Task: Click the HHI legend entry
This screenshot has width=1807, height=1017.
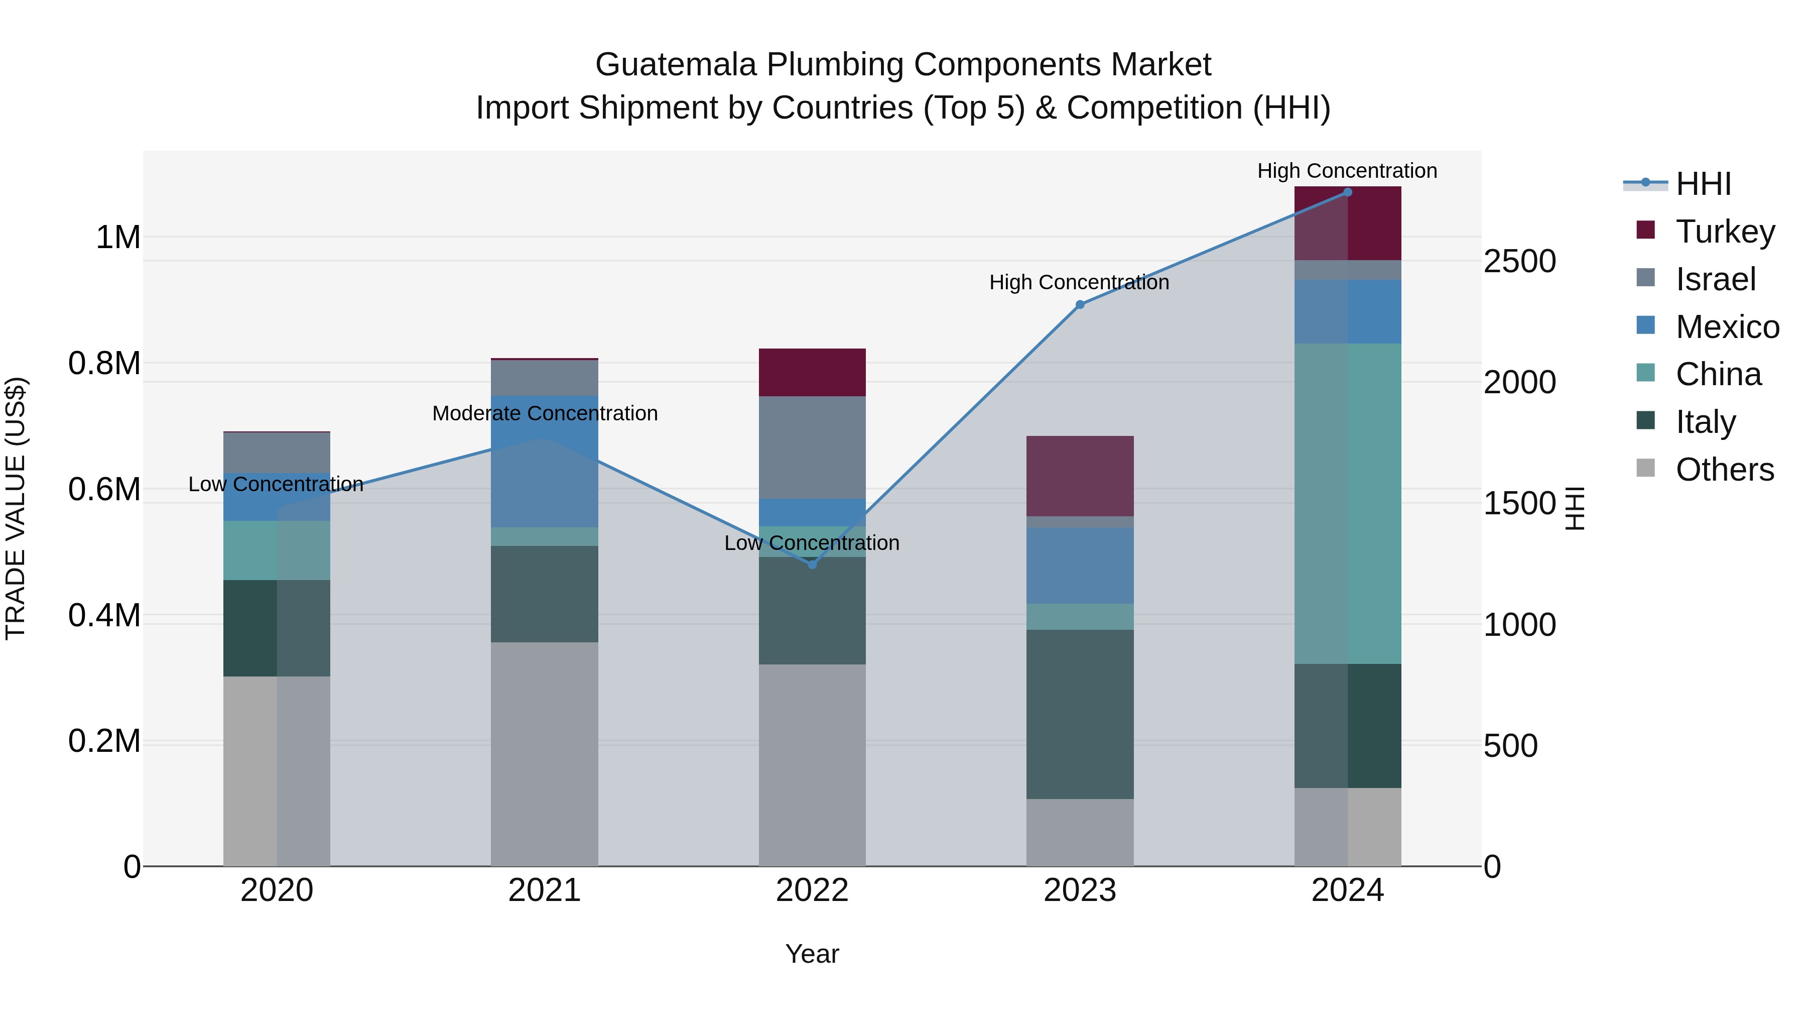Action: click(x=1703, y=184)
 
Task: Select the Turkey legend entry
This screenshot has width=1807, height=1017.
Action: click(x=1724, y=232)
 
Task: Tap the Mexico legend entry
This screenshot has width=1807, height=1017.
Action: click(x=1726, y=327)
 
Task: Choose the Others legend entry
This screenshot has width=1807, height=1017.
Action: click(x=1724, y=470)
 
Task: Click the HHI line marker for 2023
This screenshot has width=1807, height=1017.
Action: click(x=1080, y=305)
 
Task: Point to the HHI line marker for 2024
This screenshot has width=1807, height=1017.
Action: click(x=1347, y=192)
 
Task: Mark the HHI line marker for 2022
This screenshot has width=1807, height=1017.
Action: click(x=812, y=564)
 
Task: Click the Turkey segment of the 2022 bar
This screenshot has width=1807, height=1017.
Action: click(x=812, y=372)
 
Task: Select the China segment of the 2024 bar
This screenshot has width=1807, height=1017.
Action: click(x=1347, y=503)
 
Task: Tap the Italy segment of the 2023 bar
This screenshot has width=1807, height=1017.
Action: click(x=1080, y=714)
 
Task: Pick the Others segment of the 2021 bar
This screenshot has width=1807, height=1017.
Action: click(x=544, y=754)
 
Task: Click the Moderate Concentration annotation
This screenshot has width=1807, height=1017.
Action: click(x=544, y=413)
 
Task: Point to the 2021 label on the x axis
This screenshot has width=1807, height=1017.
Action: click(x=544, y=890)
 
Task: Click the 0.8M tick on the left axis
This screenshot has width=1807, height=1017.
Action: click(x=104, y=364)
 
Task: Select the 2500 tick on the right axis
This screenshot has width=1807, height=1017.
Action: click(x=1519, y=261)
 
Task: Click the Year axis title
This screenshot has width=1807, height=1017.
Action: click(x=812, y=954)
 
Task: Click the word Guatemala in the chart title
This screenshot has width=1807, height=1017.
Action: click(x=676, y=65)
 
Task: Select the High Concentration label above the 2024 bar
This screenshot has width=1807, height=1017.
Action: click(x=1347, y=171)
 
